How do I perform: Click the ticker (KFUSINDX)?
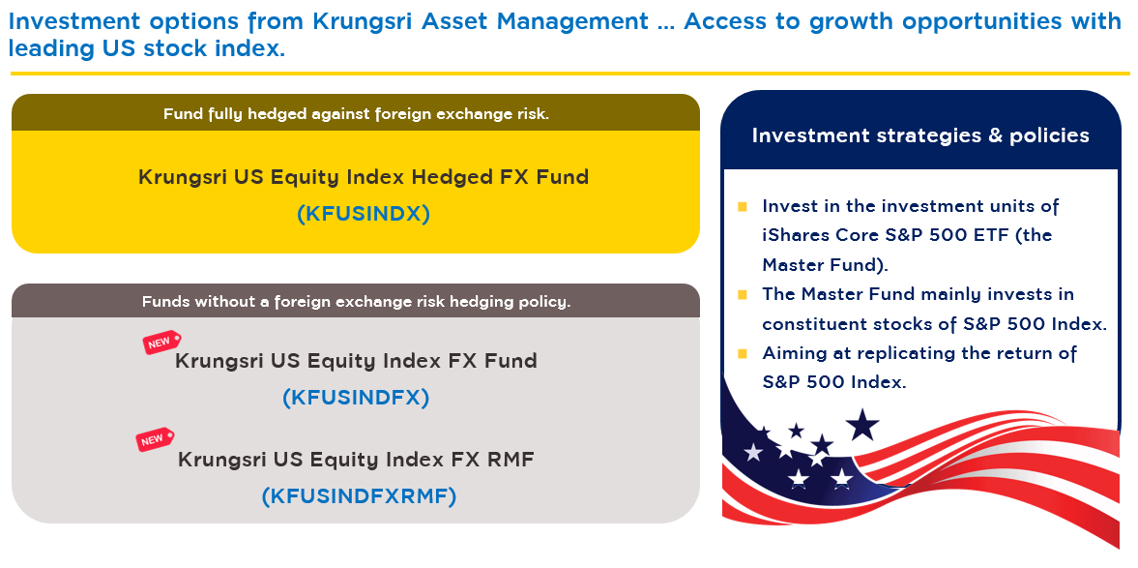363,214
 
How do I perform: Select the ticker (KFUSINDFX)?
356,398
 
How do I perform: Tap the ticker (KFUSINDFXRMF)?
359,496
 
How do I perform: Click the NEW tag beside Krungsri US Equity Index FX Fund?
161,343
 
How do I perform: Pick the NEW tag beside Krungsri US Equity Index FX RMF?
155,439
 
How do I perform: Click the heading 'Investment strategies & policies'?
920,135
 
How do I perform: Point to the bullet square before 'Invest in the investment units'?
743,207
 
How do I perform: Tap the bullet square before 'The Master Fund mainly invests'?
743,295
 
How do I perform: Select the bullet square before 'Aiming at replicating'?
743,354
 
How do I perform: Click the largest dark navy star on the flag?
862,426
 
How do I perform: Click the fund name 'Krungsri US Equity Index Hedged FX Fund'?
364,176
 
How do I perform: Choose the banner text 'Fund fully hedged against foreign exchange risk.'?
356,114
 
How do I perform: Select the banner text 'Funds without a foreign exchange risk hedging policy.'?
357,302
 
